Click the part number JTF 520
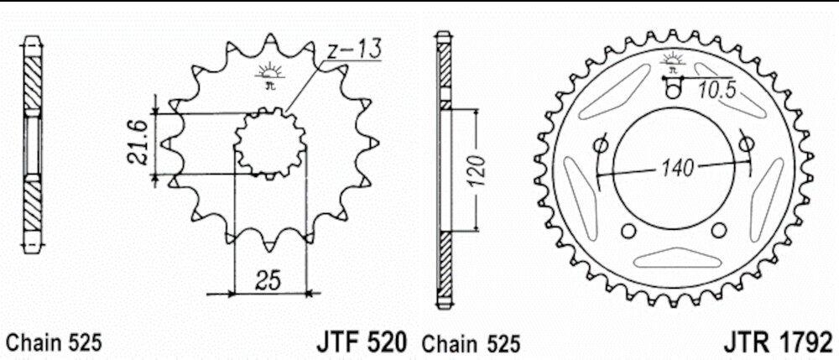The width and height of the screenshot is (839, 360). pyautogui.click(x=361, y=342)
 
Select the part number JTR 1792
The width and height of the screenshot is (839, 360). pyautogui.click(x=779, y=342)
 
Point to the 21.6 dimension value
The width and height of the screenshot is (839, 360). pyautogui.click(x=137, y=143)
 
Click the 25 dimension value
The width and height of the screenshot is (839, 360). pyautogui.click(x=268, y=281)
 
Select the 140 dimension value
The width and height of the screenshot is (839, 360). pyautogui.click(x=677, y=169)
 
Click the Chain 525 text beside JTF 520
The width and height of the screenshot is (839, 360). pyautogui.click(x=471, y=343)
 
